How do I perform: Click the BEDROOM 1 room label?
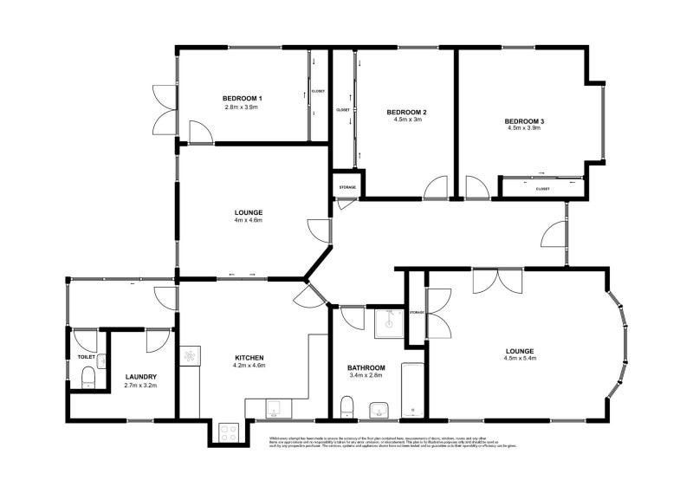(x=243, y=98)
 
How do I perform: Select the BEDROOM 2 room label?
(x=406, y=113)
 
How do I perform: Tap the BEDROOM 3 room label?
(x=524, y=120)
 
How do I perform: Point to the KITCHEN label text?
(x=249, y=358)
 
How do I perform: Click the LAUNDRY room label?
(x=139, y=377)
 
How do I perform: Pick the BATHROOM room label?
(x=366, y=367)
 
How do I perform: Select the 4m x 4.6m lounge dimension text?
(x=248, y=221)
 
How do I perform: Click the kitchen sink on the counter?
(x=274, y=408)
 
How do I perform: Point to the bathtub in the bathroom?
(x=412, y=390)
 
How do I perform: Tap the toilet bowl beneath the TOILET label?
(x=87, y=377)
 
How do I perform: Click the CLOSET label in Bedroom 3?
(x=543, y=188)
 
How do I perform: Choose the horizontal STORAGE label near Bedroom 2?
(x=347, y=187)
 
